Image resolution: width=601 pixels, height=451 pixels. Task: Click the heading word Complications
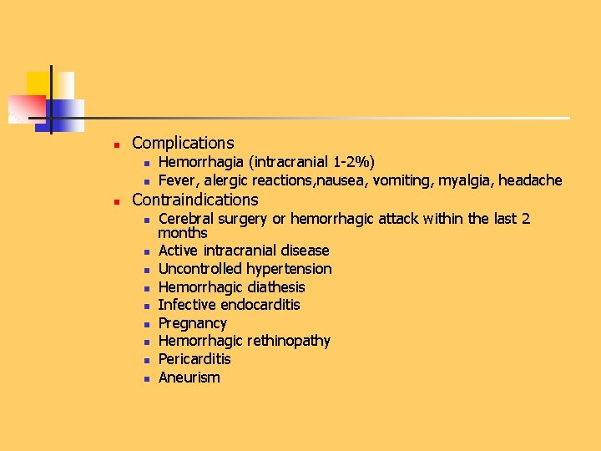[x=183, y=144]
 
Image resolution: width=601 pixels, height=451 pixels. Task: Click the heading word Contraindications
[x=195, y=200]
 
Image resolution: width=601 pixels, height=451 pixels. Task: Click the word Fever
[x=176, y=180]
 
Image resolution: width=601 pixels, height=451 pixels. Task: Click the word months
[x=183, y=233]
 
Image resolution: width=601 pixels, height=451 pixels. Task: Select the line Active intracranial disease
[x=244, y=251]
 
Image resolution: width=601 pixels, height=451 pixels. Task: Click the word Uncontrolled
[x=200, y=269]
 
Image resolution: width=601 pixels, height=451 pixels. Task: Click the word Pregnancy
[x=193, y=323]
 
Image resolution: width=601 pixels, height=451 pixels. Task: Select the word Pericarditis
[x=194, y=359]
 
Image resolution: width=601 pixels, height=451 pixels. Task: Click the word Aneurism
[x=189, y=378]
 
